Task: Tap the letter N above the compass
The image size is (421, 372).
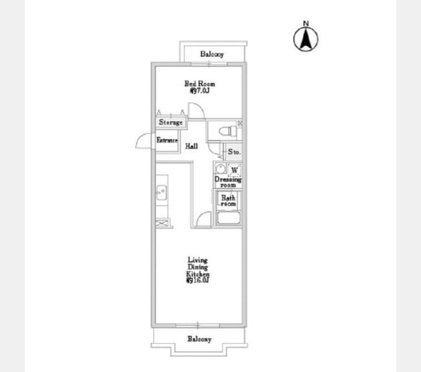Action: coord(305,24)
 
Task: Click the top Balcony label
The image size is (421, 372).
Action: coord(212,55)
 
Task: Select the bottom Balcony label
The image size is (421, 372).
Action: coord(199,339)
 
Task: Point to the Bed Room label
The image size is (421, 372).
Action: coord(200,87)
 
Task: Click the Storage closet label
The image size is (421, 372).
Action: coord(170,122)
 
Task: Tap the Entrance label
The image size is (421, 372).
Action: coord(167,141)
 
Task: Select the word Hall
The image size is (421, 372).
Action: coord(191,146)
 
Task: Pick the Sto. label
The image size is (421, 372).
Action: coord(234,152)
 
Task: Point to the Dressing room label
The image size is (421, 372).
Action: coord(227,182)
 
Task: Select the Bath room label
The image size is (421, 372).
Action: coord(228,201)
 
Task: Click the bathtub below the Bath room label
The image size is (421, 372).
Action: coord(228,219)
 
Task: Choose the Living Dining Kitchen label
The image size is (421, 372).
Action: coord(198,270)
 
